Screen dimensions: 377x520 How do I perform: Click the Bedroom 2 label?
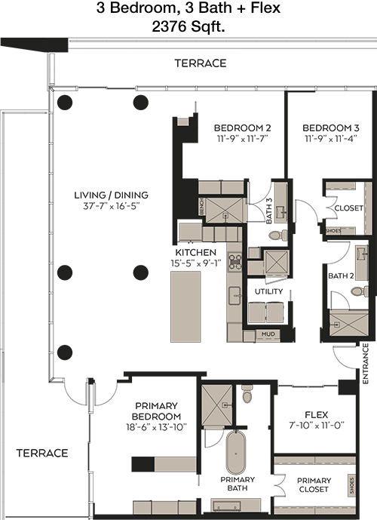click(242, 128)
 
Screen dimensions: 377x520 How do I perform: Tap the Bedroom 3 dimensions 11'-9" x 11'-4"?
click(330, 139)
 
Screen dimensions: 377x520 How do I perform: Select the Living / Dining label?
click(111, 195)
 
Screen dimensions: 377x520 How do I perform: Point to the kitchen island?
click(185, 306)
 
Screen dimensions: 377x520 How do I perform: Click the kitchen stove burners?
click(235, 261)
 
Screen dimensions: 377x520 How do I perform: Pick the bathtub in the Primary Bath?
click(236, 453)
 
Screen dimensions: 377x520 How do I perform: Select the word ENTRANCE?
click(366, 364)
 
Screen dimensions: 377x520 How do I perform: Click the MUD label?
click(268, 334)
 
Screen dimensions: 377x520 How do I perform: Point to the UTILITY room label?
click(268, 291)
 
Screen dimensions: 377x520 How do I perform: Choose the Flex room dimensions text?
click(317, 425)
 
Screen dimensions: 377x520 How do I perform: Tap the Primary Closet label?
click(314, 485)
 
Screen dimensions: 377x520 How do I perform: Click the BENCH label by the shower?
click(202, 207)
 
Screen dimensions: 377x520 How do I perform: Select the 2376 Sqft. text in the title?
click(188, 26)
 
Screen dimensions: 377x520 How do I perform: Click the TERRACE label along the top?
click(201, 63)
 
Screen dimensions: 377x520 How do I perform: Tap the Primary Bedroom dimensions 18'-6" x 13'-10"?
click(156, 427)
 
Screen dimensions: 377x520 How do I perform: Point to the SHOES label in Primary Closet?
click(351, 486)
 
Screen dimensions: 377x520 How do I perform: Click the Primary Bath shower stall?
click(217, 405)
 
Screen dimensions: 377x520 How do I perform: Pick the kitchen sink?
click(234, 296)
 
